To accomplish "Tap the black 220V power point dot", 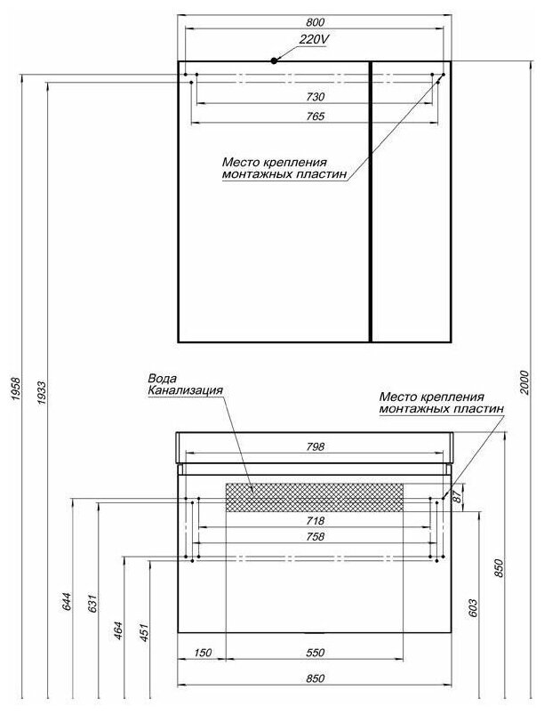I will (275, 60).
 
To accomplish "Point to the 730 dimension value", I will (315, 96).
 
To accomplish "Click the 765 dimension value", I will (315, 116).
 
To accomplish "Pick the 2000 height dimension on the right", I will (524, 380).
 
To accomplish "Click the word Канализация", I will (185, 390).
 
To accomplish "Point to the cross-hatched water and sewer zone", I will (315, 497).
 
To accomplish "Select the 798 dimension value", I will (315, 446).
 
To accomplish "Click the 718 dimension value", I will (315, 521).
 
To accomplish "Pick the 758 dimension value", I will (315, 537).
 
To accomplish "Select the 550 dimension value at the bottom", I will (315, 654).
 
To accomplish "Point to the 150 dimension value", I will (202, 654).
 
